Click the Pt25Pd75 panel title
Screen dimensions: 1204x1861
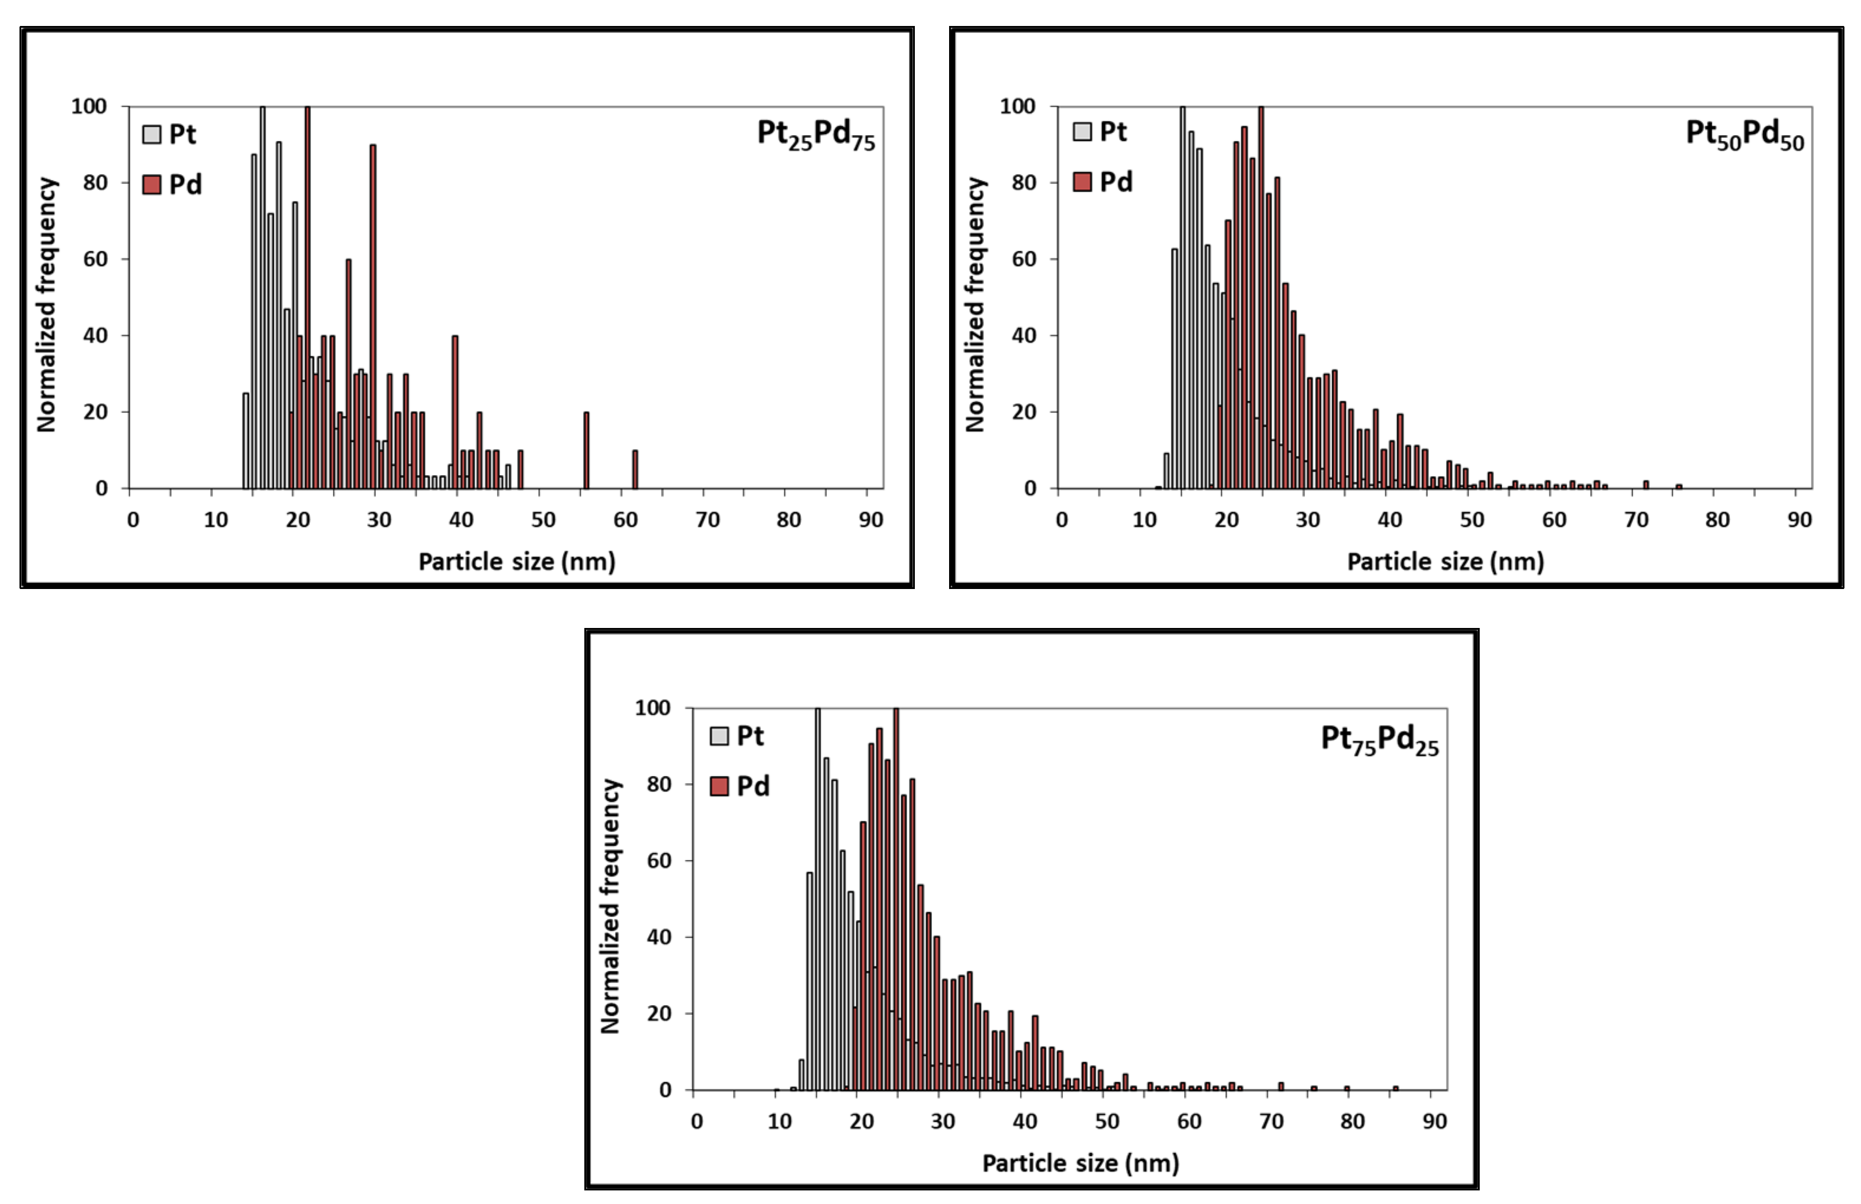816,135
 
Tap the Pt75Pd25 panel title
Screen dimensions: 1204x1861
1379,739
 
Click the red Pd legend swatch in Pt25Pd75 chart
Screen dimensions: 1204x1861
152,185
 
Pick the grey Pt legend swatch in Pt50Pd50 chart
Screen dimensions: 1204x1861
1082,132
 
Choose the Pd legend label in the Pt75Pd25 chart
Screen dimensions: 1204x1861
753,786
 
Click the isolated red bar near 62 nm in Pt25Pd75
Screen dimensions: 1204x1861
635,470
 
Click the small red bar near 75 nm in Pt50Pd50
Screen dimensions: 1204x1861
1678,486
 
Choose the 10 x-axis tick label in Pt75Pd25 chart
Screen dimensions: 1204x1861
780,1122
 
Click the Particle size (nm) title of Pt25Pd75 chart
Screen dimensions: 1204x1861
517,561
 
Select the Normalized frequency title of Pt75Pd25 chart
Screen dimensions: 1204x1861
610,906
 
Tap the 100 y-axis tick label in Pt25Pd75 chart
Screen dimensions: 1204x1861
89,106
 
